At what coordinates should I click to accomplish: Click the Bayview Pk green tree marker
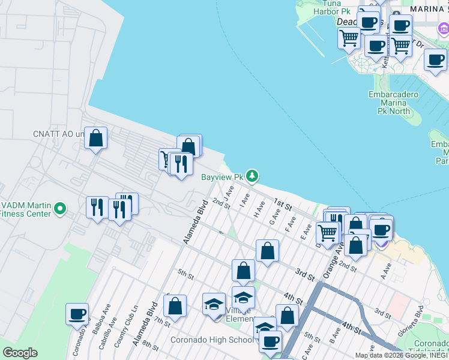point(253,176)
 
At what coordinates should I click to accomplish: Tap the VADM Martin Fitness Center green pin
point(59,209)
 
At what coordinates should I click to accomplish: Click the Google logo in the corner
point(20,353)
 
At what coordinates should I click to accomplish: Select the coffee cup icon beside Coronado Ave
point(77,314)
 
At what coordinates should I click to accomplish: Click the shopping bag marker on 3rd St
point(267,250)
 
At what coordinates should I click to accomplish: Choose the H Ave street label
point(259,209)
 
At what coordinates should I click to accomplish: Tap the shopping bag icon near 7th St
point(175,306)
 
